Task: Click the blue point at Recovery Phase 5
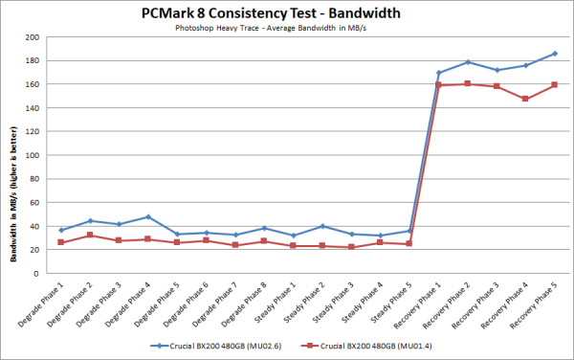553,54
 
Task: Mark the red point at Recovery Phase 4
524,99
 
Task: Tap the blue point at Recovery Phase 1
438,73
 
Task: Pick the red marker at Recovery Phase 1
438,85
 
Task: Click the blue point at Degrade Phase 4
148,217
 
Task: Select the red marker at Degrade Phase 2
90,235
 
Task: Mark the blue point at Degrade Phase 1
61,230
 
